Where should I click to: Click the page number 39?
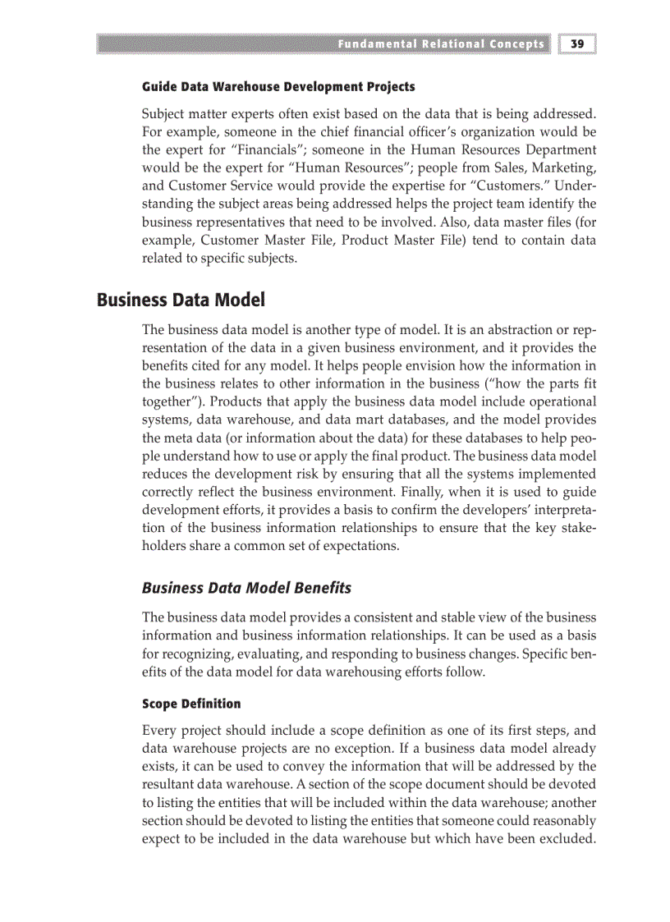577,44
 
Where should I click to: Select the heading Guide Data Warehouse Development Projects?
278,86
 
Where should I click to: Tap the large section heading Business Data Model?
181,300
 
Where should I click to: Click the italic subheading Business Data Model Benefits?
246,588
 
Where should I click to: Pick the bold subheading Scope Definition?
191,704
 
